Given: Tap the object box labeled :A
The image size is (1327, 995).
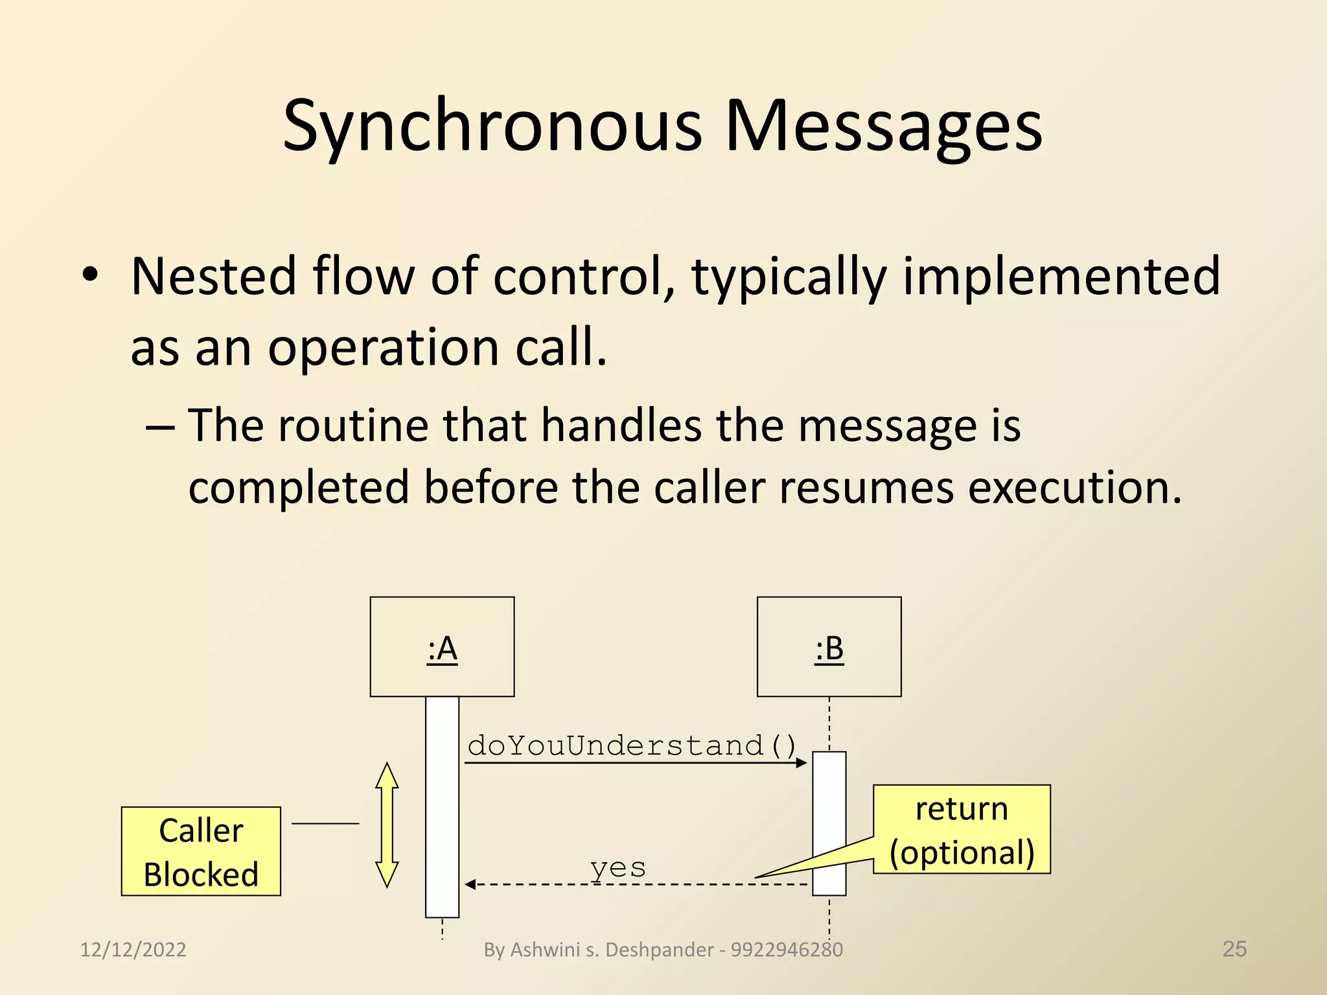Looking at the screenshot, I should (x=442, y=646).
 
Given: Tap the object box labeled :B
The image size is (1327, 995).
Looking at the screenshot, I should (x=829, y=646).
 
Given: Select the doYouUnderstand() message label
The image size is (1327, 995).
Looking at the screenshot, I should (x=632, y=745).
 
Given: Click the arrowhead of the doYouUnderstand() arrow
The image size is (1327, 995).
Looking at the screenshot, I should (x=802, y=763).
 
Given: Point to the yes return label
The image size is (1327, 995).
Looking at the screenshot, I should (x=617, y=867).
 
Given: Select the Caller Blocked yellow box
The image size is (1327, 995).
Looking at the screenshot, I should (x=201, y=851).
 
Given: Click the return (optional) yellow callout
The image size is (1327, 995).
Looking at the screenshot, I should (x=962, y=829).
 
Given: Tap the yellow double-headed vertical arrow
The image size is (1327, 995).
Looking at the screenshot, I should (x=387, y=825).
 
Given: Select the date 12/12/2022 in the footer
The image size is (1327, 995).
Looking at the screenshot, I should (x=133, y=950).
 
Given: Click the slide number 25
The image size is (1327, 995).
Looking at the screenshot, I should (x=1234, y=948).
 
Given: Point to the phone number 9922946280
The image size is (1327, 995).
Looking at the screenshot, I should (x=787, y=950).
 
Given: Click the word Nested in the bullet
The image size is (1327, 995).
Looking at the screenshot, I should (x=213, y=277).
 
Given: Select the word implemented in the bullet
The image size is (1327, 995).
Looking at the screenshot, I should (x=1061, y=277).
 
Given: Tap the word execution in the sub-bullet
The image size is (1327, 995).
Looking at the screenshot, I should (x=1075, y=487).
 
